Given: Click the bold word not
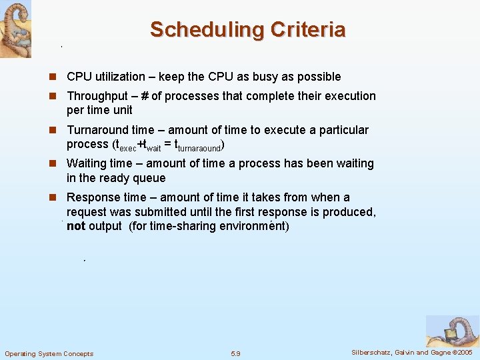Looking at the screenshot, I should pos(75,226).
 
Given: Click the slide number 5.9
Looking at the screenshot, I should pos(235,353).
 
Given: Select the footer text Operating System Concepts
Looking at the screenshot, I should pos(49,353).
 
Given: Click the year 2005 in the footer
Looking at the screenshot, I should pos(461,352).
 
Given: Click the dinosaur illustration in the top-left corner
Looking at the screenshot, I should pos(15,28).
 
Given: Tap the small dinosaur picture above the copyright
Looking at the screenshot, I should pos(452,331).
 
